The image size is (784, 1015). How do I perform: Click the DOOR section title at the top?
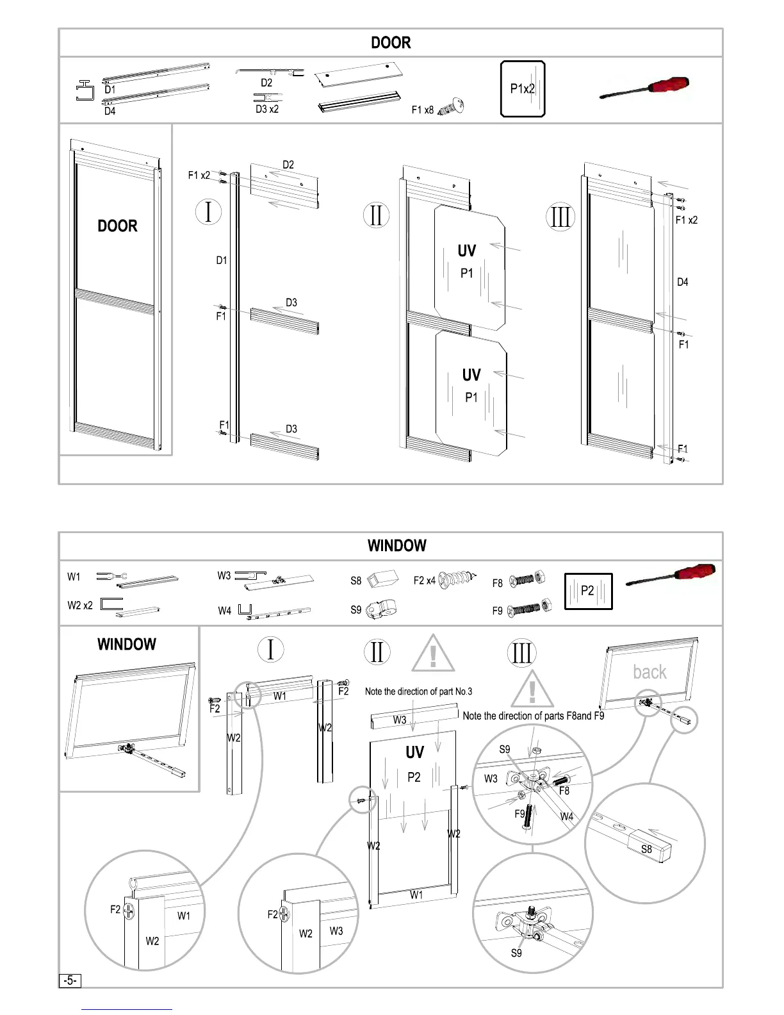point(391,43)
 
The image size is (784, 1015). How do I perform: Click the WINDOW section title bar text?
point(396,546)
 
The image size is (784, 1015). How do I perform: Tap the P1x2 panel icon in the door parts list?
point(523,89)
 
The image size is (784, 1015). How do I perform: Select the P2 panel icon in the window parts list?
point(588,591)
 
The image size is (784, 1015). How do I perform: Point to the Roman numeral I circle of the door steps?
point(208,212)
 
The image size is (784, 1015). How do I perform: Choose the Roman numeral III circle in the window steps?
point(521,653)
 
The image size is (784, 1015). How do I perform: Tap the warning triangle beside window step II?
point(434,654)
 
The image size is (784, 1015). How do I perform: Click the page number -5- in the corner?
point(70,980)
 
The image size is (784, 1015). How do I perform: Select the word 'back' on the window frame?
point(649,672)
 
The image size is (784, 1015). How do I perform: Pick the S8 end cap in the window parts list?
point(382,579)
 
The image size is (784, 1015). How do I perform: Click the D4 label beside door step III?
point(683,282)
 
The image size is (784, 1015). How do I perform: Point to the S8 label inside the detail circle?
point(647,849)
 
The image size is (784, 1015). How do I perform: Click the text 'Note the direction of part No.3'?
point(418,691)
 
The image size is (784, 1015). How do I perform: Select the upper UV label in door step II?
point(467,251)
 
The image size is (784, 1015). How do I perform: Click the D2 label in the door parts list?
point(266,83)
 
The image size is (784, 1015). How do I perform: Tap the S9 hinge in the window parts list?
point(382,609)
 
